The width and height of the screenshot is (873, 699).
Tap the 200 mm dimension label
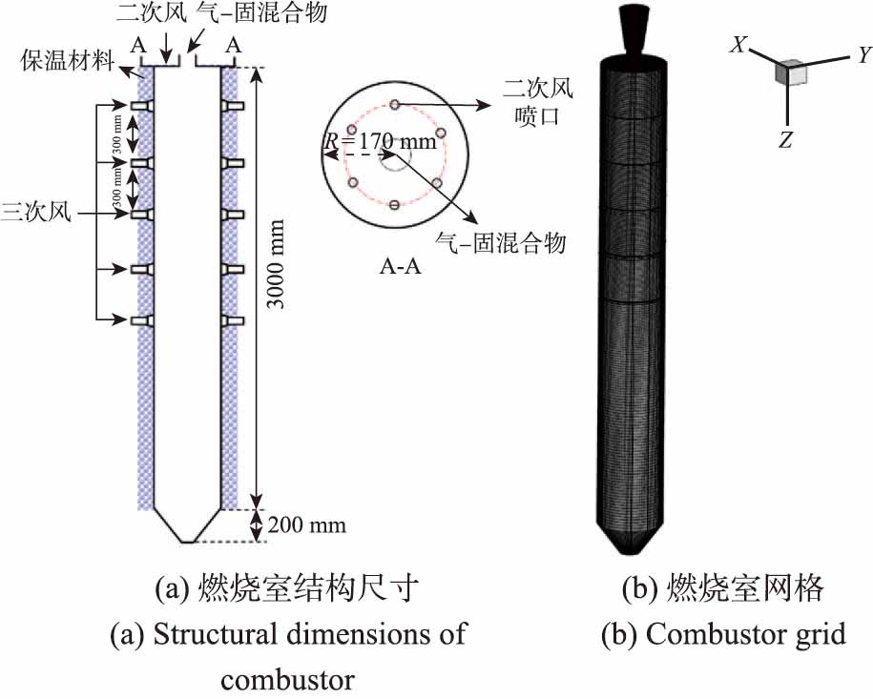(307, 525)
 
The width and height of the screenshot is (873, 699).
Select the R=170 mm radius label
(380, 143)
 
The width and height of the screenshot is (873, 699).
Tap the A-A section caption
(395, 268)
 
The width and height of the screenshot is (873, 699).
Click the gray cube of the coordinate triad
(790, 72)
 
